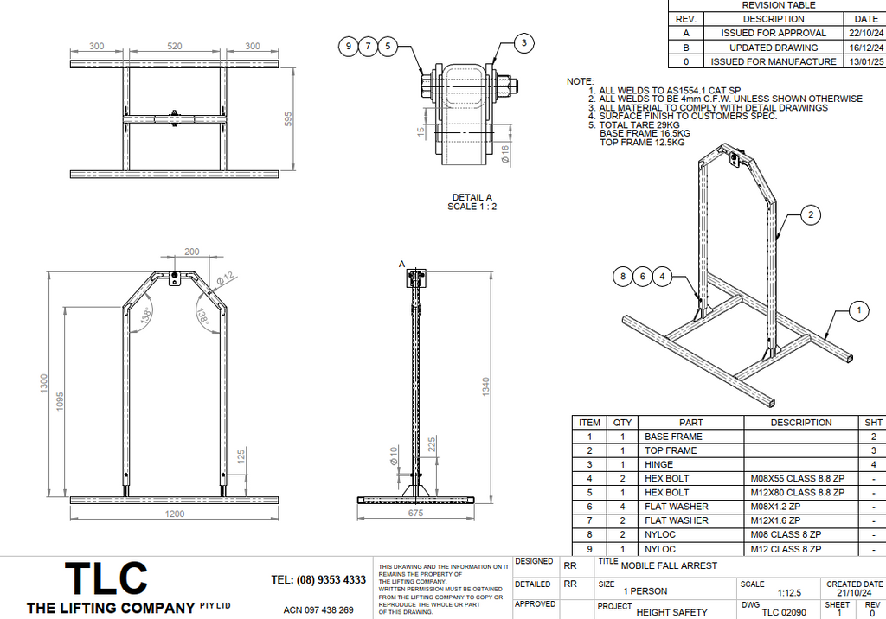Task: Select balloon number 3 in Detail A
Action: click(x=523, y=42)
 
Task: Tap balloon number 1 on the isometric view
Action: click(x=857, y=309)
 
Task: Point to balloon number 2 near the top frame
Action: click(x=810, y=215)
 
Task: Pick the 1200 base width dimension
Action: click(x=176, y=514)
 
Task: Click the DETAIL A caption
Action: click(x=472, y=197)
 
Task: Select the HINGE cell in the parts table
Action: click(x=659, y=464)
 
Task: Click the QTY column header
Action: click(x=622, y=423)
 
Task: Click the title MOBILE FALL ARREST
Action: click(x=669, y=565)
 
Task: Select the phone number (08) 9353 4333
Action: click(x=318, y=579)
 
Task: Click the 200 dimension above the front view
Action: click(x=192, y=252)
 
